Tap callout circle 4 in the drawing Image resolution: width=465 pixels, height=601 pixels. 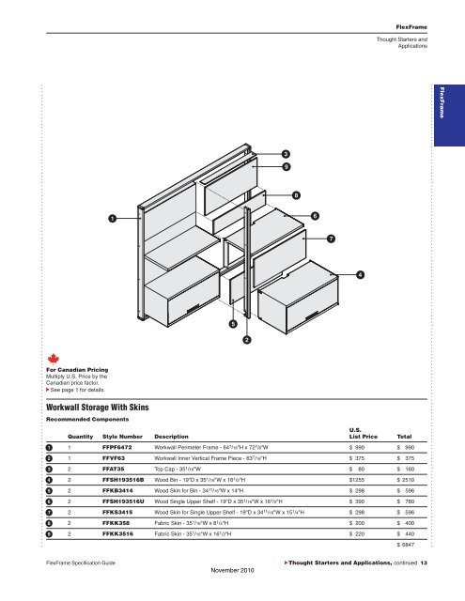click(361, 274)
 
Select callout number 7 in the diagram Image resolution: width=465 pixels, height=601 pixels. click(331, 239)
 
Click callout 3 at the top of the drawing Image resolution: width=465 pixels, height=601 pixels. click(285, 153)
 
